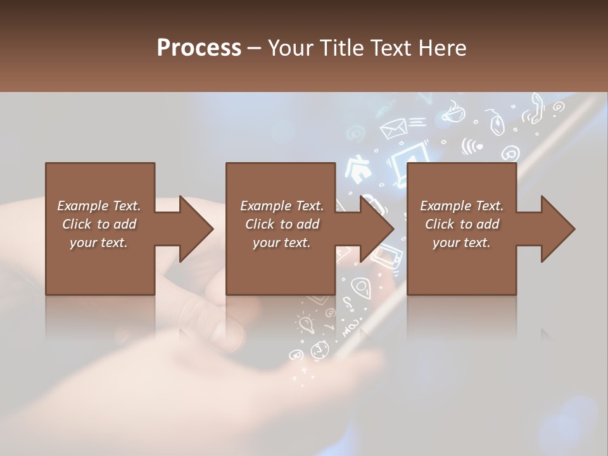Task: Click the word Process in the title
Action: (x=199, y=47)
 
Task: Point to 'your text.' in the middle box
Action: (x=281, y=243)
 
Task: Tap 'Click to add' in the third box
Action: (x=462, y=224)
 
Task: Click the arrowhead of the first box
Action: (x=197, y=229)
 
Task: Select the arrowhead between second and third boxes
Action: (x=377, y=229)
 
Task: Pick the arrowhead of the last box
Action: (x=558, y=229)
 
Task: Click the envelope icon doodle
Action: (x=393, y=129)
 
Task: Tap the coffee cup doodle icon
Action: (x=452, y=114)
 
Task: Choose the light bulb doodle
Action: (x=307, y=325)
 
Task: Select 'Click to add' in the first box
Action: (x=99, y=224)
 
